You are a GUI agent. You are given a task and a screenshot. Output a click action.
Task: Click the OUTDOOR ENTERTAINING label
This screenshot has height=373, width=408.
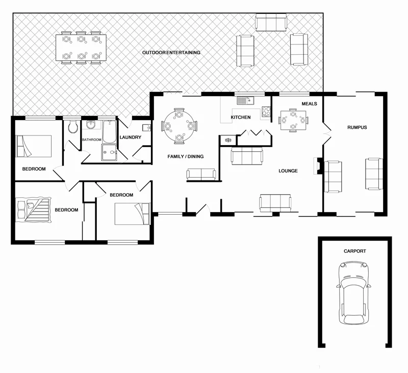pyautogui.click(x=171, y=53)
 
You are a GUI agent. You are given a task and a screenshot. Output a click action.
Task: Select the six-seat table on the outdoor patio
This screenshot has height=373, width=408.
pyautogui.click(x=81, y=48)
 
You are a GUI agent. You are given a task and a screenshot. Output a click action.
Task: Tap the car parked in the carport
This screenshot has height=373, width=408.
pyautogui.click(x=352, y=293)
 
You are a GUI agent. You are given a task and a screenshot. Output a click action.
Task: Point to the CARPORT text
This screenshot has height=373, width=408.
pyautogui.click(x=354, y=251)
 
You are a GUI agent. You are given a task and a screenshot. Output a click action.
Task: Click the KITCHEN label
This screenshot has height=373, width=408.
pyautogui.click(x=241, y=118)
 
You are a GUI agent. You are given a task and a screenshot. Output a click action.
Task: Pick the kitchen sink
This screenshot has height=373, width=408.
pyautogui.click(x=245, y=100)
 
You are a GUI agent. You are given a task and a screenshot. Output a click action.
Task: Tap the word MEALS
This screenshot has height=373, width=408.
pyautogui.click(x=309, y=104)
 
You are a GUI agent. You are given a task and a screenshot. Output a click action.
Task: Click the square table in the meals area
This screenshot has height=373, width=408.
pyautogui.click(x=293, y=120)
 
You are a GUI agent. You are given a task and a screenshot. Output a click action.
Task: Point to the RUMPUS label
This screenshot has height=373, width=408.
pyautogui.click(x=357, y=127)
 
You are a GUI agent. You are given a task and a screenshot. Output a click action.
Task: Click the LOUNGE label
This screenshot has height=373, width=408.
pyautogui.click(x=288, y=171)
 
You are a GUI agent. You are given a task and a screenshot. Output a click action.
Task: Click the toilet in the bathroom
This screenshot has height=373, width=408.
pyautogui.click(x=73, y=126)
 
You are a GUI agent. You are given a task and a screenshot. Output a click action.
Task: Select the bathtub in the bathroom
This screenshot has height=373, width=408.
pyautogui.click(x=109, y=132)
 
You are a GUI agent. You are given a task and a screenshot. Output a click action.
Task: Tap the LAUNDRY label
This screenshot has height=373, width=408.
pyautogui.click(x=130, y=137)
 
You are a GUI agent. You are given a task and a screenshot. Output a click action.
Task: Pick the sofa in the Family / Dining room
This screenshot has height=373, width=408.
pyautogui.click(x=201, y=174)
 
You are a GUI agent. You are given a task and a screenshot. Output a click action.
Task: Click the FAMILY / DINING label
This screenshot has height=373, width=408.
pyautogui.click(x=186, y=156)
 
